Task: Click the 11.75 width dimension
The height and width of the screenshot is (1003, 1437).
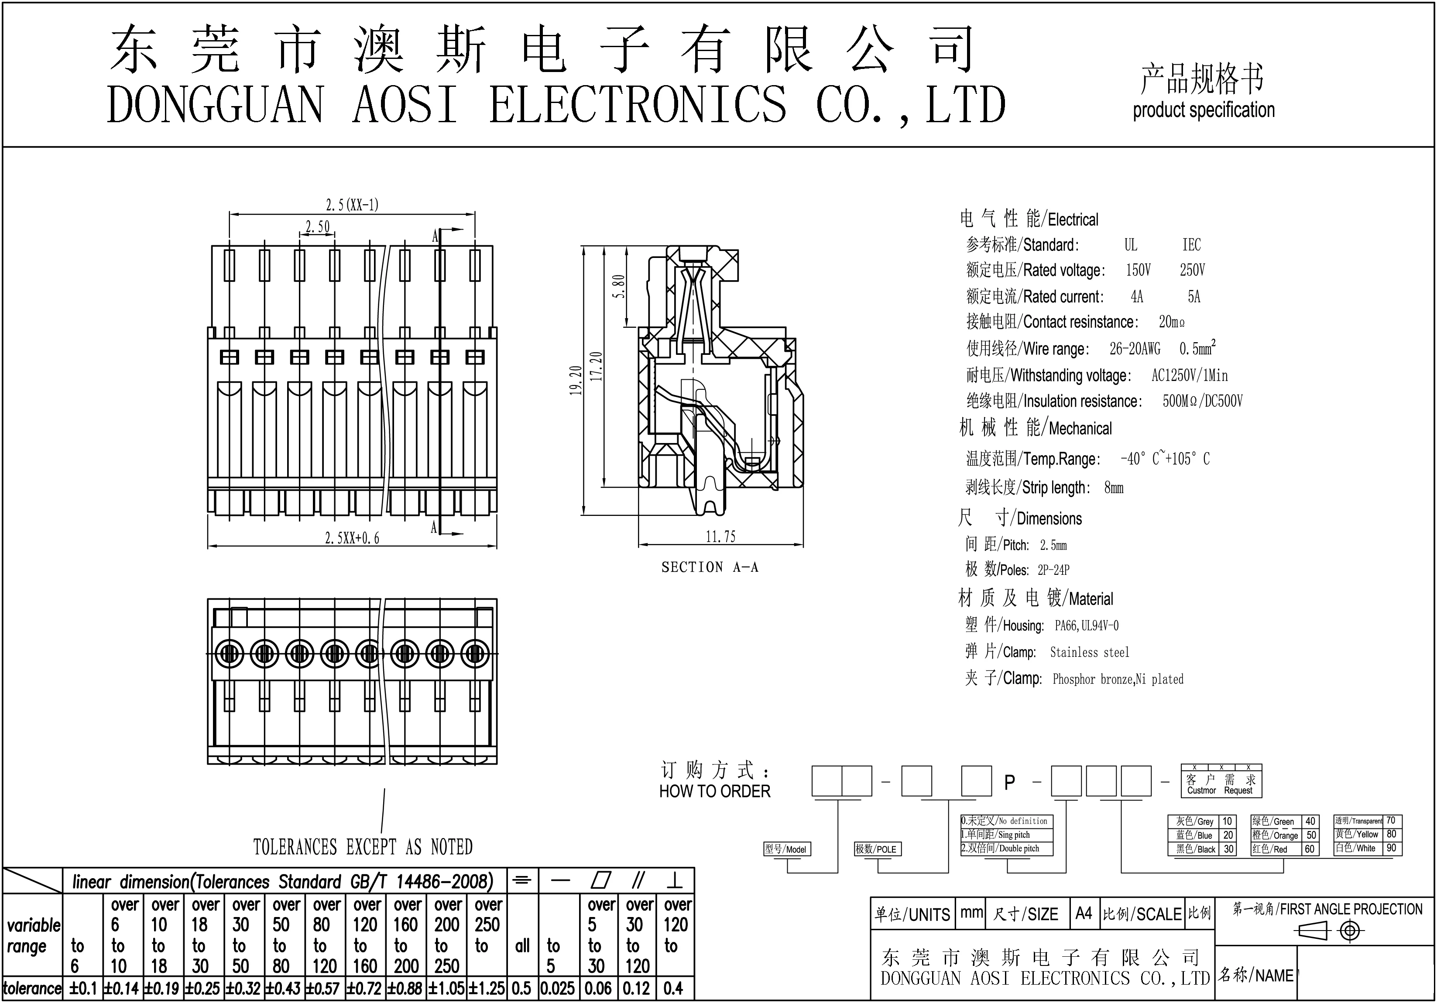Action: coord(720,536)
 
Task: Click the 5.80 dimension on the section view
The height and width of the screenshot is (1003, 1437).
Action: coord(619,287)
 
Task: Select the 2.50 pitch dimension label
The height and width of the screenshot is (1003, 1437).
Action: coord(317,226)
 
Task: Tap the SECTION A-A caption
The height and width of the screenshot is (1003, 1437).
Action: coord(710,567)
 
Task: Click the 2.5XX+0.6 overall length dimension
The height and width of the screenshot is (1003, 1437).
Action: coord(352,538)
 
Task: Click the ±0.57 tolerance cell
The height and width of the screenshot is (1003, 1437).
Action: coord(324,989)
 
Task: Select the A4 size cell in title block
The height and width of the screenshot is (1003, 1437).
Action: coord(1084,914)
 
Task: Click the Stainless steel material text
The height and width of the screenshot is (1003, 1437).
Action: coord(1090,653)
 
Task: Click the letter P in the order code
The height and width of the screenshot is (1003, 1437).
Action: coord(1009,782)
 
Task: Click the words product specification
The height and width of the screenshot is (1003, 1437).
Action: coord(1204,110)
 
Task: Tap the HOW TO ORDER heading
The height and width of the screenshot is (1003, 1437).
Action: coord(715,791)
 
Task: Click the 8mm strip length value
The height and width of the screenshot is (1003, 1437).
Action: coord(1114,487)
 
